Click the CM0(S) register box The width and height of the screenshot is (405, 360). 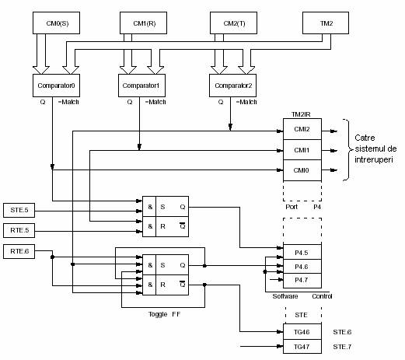point(56,23)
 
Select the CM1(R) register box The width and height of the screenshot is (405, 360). point(143,23)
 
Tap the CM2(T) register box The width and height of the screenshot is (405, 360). point(233,23)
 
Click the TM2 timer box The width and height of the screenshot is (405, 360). point(326,23)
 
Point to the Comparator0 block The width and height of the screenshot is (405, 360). point(56,86)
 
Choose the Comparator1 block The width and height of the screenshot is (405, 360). point(141,86)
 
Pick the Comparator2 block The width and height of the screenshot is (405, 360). point(232,86)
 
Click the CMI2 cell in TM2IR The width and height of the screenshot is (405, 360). point(302,129)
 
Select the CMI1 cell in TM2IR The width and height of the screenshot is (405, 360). point(302,150)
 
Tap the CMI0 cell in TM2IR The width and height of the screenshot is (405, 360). point(302,170)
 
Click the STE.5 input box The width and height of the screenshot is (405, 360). point(19,210)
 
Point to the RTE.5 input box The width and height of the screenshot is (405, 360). point(19,230)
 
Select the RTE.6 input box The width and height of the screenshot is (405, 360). point(19,251)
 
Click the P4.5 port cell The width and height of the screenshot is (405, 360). point(302,252)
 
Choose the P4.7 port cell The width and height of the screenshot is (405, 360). point(302,281)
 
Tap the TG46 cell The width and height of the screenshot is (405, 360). point(302,331)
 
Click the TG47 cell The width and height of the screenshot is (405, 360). point(302,347)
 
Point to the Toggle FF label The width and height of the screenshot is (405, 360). point(164,314)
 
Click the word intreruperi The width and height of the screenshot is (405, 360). point(374,159)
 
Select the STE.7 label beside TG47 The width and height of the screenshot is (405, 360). point(342,347)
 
